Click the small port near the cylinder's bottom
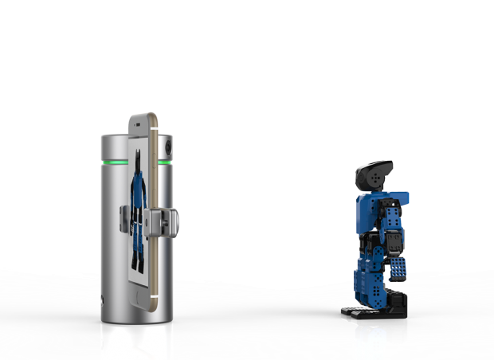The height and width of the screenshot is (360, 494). (102, 302)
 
